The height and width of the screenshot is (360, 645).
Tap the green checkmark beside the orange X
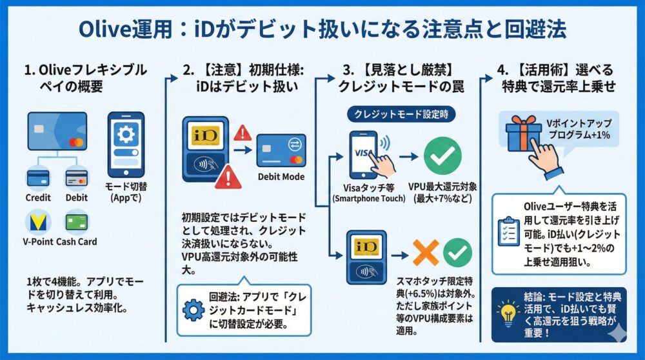[x=457, y=252]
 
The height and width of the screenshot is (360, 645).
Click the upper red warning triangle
[x=244, y=134]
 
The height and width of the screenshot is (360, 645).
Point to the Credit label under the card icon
[x=38, y=198]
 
